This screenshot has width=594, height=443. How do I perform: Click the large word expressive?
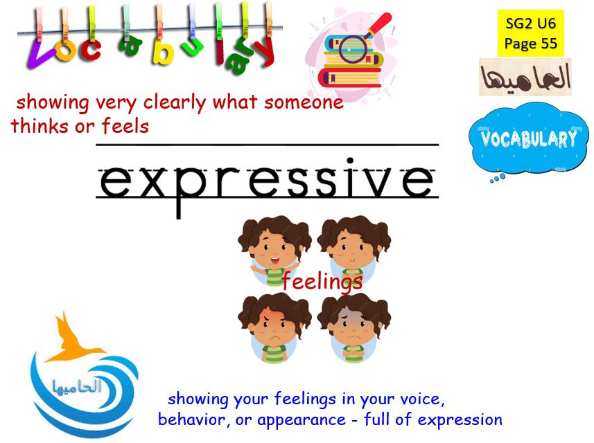pyautogui.click(x=266, y=182)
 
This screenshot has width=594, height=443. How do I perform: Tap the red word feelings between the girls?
pyautogui.click(x=322, y=282)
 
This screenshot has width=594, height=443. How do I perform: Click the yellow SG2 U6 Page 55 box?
pyautogui.click(x=530, y=33)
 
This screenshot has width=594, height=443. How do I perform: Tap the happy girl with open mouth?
pyautogui.click(x=274, y=250)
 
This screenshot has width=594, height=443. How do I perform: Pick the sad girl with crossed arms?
pyautogui.click(x=353, y=328)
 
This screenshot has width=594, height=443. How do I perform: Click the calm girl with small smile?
pyautogui.click(x=353, y=250)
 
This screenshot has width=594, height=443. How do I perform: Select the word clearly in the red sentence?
pyautogui.click(x=174, y=102)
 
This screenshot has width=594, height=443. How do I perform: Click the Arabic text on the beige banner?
pyautogui.click(x=525, y=78)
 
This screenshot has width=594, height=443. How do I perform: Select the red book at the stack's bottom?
pyautogui.click(x=349, y=78)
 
